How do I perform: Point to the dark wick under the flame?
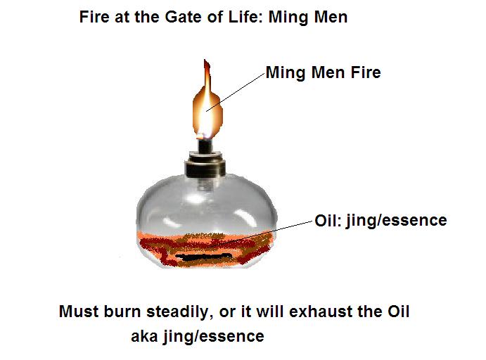[205, 145]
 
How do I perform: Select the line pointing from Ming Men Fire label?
[236, 90]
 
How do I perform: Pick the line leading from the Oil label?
[285, 233]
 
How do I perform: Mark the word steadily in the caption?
[169, 311]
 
